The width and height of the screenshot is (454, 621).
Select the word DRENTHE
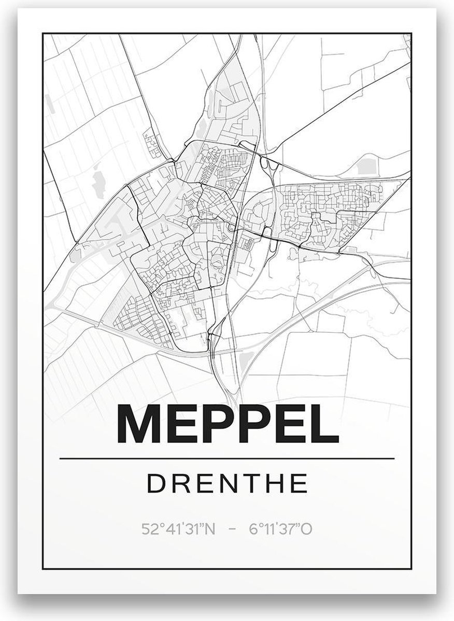[x=228, y=484]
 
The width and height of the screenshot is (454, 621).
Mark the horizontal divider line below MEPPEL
[x=227, y=459]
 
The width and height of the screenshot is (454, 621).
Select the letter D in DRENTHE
[x=154, y=484]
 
